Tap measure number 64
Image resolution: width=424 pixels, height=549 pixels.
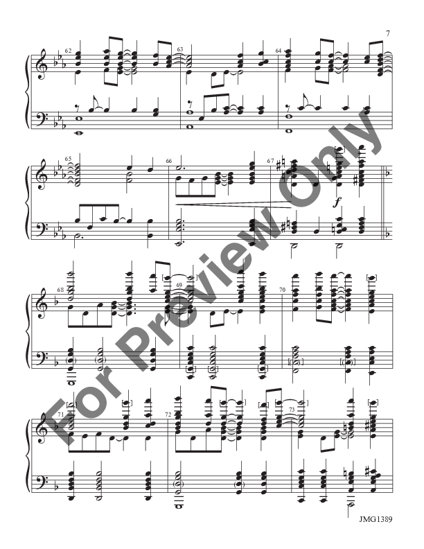tap(279, 50)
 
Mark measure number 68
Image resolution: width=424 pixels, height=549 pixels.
tap(60, 289)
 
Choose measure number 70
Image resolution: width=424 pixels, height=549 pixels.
tap(282, 288)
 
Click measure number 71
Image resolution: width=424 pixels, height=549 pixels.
tap(60, 415)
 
